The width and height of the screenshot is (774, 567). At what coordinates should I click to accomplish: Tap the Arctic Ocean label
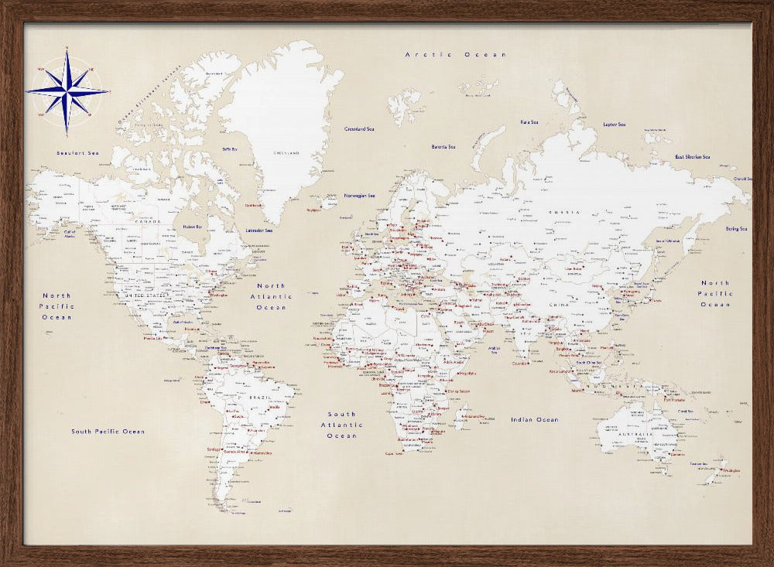456,55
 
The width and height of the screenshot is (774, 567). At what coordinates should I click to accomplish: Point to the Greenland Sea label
359,129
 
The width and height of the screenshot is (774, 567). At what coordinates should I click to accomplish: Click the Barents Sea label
444,147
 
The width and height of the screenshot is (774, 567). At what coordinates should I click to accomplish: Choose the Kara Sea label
529,122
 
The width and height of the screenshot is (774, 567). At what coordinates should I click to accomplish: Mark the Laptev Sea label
615,124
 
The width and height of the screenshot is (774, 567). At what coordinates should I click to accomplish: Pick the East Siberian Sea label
692,157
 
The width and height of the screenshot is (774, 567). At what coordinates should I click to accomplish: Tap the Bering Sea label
736,229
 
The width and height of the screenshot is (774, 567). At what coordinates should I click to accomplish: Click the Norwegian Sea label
359,196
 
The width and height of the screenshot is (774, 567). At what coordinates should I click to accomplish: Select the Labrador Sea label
259,231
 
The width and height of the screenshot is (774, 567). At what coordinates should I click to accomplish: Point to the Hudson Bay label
193,227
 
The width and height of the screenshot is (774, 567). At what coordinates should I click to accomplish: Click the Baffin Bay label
229,149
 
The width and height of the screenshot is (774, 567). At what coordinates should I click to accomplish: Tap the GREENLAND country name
286,153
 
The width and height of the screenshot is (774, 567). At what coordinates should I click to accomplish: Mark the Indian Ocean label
534,419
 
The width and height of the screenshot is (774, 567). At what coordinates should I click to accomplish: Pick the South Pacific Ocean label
108,432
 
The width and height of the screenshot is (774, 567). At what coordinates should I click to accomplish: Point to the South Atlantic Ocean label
341,425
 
